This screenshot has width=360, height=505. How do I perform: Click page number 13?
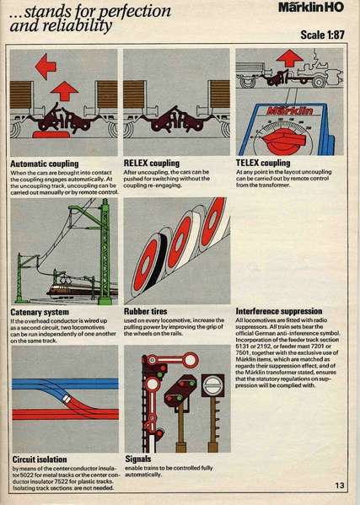tap(339, 485)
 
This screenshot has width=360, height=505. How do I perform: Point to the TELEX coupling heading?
tap(263, 164)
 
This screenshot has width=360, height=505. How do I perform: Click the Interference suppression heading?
tap(278, 311)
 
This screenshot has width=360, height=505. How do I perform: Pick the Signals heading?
tap(138, 459)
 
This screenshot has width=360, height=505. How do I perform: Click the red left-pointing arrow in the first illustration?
tap(46, 64)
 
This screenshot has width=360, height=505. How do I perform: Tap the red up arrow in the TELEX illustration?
tap(289, 58)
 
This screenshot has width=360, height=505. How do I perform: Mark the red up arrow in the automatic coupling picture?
tap(65, 90)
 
